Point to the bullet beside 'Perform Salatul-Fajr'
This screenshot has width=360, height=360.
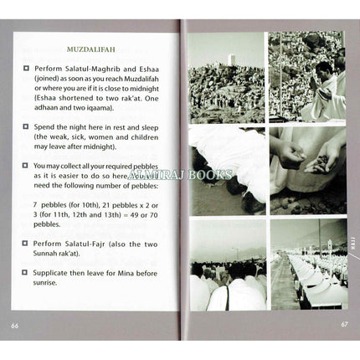[x=27, y=242]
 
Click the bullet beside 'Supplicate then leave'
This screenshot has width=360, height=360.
[x=27, y=272]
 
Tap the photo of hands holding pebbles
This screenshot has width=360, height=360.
[x=309, y=167]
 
